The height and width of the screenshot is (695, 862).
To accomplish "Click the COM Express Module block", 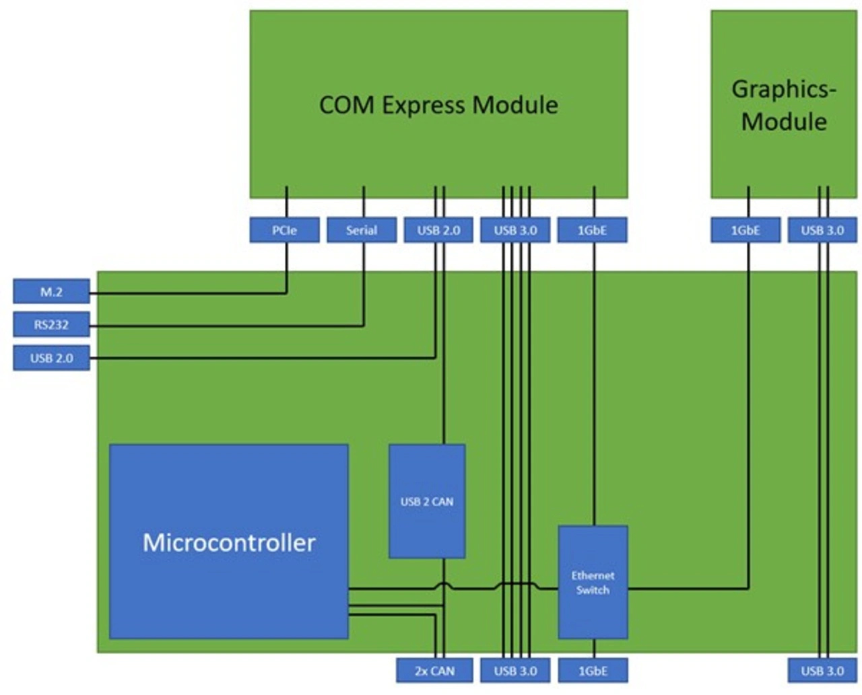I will (438, 104).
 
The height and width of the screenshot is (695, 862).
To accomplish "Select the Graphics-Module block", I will (784, 104).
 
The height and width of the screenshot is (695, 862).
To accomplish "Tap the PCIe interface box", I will (284, 230).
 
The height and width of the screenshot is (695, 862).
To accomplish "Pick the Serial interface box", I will (362, 230).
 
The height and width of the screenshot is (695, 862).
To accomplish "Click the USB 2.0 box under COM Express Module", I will (438, 230).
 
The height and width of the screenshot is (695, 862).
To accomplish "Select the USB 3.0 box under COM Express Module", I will (515, 230).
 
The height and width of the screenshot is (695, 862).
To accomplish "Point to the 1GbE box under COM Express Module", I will (592, 230).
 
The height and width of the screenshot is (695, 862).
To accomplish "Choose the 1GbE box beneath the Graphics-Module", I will (745, 230).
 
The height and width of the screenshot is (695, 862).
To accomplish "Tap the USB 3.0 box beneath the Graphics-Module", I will (822, 230).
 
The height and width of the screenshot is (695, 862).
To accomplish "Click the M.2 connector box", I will (51, 292).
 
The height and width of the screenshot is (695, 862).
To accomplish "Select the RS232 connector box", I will (51, 325).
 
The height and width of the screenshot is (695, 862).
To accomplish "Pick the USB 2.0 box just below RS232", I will (51, 358).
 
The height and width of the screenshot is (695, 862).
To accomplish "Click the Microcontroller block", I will (229, 542).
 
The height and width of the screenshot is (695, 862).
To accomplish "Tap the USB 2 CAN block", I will (427, 501).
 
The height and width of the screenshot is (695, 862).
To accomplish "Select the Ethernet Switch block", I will (593, 582).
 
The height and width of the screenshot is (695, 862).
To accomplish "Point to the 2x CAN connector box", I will (434, 671).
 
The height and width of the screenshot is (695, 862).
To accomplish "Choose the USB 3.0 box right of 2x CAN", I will (515, 671).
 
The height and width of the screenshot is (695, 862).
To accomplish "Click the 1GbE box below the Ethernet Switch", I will (593, 671).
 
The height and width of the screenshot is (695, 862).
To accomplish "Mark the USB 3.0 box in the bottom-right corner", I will (822, 671).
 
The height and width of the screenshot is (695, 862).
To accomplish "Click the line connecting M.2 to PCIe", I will (189, 293).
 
